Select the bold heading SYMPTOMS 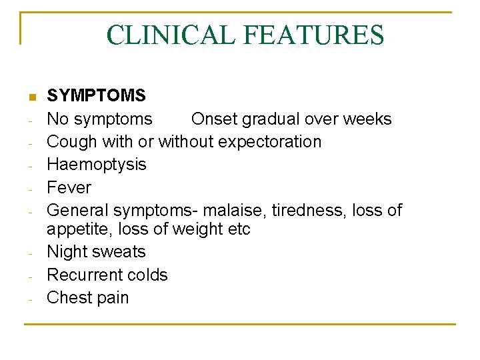[96, 96]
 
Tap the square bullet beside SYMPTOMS [31, 97]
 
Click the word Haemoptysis [96, 165]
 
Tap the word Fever [69, 187]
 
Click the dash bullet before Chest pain [31, 299]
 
